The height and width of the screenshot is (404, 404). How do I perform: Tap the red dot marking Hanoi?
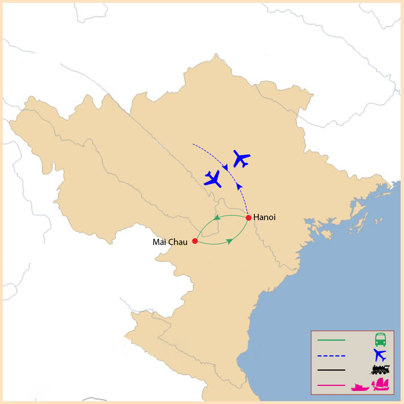tap(249, 218)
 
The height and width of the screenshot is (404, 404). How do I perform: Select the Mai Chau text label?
tap(170, 242)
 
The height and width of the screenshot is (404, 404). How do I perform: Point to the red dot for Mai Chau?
tap(195, 241)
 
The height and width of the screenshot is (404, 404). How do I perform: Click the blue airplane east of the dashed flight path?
tap(241, 159)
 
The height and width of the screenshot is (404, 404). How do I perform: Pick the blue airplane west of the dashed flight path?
tap(213, 179)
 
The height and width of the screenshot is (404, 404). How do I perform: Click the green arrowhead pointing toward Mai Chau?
tap(217, 218)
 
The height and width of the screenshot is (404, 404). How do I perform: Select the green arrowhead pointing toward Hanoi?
tap(229, 241)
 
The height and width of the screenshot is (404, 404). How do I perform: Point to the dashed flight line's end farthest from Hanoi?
tap(193, 144)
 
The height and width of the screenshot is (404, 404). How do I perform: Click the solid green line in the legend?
tap(331, 340)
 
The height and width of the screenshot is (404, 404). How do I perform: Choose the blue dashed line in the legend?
tap(331, 355)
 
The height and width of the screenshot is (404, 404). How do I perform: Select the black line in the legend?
tap(331, 370)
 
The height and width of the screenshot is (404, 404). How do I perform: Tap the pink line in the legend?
tap(331, 385)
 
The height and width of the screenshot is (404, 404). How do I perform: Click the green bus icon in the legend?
tap(380, 339)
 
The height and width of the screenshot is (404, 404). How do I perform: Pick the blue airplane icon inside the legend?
tap(380, 355)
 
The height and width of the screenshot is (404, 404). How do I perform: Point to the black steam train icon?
tap(380, 370)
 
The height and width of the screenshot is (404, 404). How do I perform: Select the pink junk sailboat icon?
tap(381, 385)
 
